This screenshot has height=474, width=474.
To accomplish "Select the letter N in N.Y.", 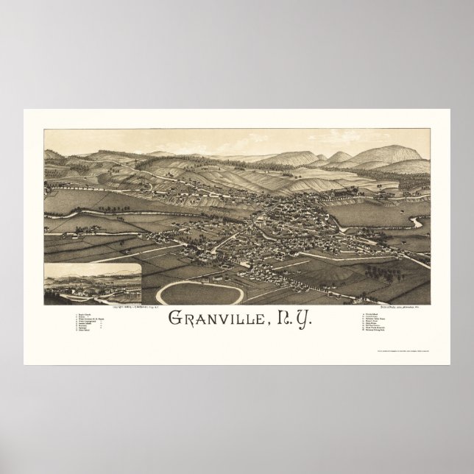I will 278,319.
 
